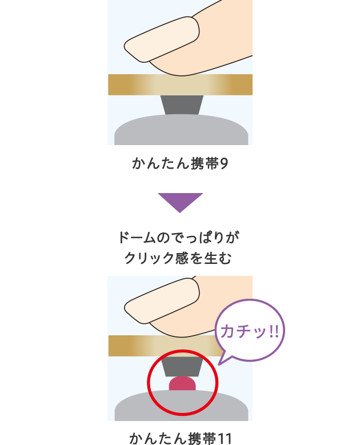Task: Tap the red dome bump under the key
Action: point(182,383)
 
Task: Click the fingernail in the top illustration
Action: point(162,39)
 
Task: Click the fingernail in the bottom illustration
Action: point(162,300)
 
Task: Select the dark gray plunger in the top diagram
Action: point(182,105)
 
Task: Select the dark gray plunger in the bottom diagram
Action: point(182,366)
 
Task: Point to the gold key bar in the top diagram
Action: point(180,85)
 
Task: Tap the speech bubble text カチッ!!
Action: point(250,331)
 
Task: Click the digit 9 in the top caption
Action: point(224,163)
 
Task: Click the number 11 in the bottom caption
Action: point(224,439)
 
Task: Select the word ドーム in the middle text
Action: point(137,238)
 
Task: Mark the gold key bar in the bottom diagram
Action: point(165,346)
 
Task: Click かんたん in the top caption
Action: point(161,163)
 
